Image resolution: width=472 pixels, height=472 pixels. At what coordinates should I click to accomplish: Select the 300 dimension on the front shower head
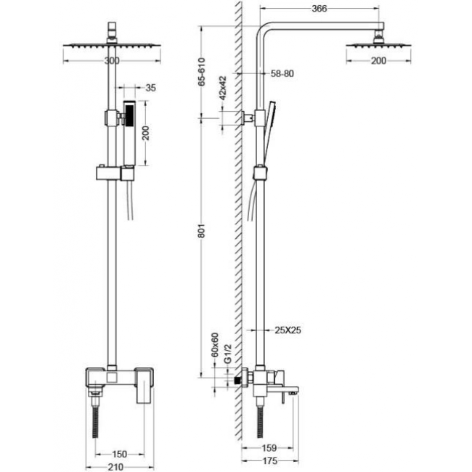tap(111, 60)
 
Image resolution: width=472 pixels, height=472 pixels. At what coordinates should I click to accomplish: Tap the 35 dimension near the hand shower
tap(151, 88)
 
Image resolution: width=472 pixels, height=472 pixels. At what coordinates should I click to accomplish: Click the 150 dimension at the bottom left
tap(120, 454)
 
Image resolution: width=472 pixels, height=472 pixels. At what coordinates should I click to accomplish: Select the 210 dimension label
tap(113, 467)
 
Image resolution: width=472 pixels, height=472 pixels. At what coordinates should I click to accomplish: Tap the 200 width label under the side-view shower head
tap(378, 60)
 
